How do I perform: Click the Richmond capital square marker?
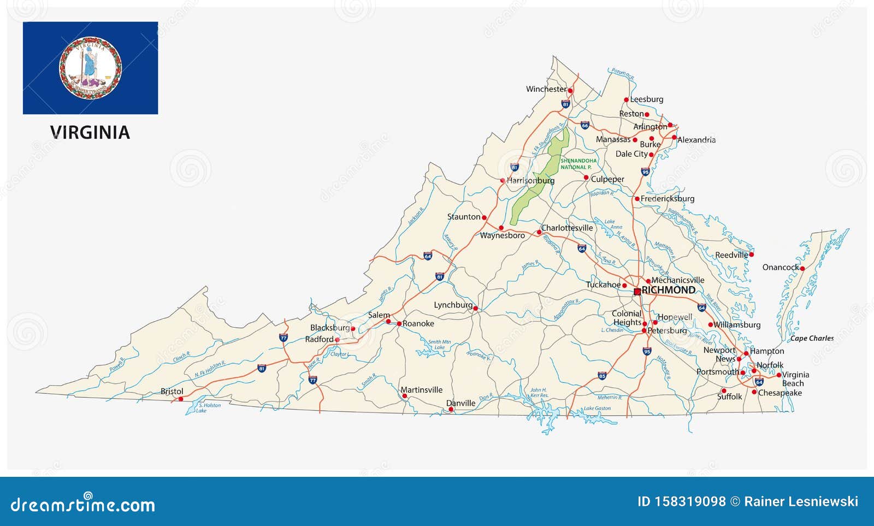[x=637, y=292]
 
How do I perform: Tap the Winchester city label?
[x=546, y=89]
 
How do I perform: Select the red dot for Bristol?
[x=181, y=399]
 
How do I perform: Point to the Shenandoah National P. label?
[x=578, y=164]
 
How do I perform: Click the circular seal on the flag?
[x=90, y=68]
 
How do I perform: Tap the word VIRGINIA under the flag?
[x=90, y=133]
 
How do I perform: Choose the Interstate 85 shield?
[x=602, y=376]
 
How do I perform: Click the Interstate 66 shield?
[x=584, y=125]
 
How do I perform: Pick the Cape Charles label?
[x=812, y=339]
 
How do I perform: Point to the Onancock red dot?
[x=802, y=268]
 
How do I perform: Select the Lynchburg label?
[x=453, y=305]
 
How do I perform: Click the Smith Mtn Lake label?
[x=439, y=345]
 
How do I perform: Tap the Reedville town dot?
[x=751, y=255]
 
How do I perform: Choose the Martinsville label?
[x=422, y=390]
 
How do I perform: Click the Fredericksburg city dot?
[x=637, y=199]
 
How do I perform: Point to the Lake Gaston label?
[x=597, y=409]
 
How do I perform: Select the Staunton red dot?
[x=484, y=217]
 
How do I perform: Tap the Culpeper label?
[x=607, y=179]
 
